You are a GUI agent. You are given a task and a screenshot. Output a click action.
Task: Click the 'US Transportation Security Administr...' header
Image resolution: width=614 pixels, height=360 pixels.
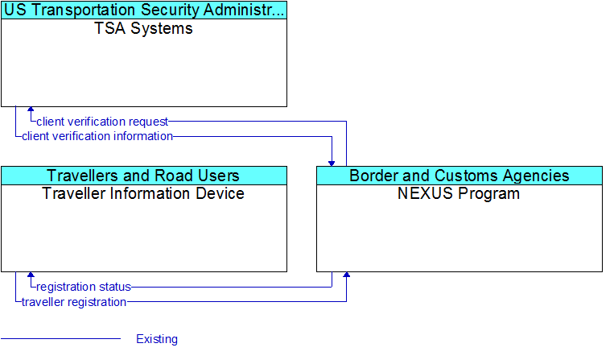[144, 10]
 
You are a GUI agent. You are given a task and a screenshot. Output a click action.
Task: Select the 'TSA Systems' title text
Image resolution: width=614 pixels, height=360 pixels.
[144, 29]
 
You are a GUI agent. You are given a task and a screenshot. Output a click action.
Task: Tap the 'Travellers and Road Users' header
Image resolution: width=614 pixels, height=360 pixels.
[143, 176]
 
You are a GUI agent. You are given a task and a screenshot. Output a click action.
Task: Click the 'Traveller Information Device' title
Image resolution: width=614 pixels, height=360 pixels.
[143, 193]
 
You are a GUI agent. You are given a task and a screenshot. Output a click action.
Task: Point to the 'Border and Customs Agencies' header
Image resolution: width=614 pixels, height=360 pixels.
[459, 176]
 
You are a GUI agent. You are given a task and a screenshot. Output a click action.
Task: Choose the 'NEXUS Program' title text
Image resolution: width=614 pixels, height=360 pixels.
[459, 193]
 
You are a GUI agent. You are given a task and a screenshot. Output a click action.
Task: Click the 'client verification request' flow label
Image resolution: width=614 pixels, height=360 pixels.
[102, 122]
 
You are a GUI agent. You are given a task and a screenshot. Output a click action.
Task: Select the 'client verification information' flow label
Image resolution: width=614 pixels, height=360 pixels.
[97, 136]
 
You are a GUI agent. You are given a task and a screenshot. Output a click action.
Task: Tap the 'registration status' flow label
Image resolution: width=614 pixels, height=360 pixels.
[84, 287]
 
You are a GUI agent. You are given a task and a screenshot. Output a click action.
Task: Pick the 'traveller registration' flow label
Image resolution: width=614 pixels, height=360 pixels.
[74, 302]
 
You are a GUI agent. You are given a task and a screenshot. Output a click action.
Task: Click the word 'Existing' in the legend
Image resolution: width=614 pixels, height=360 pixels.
[157, 339]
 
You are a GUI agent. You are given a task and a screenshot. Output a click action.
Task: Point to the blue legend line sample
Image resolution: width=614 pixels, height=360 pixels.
[60, 338]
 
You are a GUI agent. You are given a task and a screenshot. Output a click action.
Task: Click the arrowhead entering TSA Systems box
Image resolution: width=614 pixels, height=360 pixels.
[31, 110]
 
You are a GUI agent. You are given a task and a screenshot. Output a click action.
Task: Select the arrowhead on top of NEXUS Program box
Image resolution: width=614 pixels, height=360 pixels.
[332, 163]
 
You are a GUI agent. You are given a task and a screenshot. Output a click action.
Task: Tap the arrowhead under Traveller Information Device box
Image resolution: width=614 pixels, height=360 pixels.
[31, 275]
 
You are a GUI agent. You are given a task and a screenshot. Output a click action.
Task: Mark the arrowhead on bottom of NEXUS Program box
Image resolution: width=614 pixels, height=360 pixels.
[347, 275]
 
